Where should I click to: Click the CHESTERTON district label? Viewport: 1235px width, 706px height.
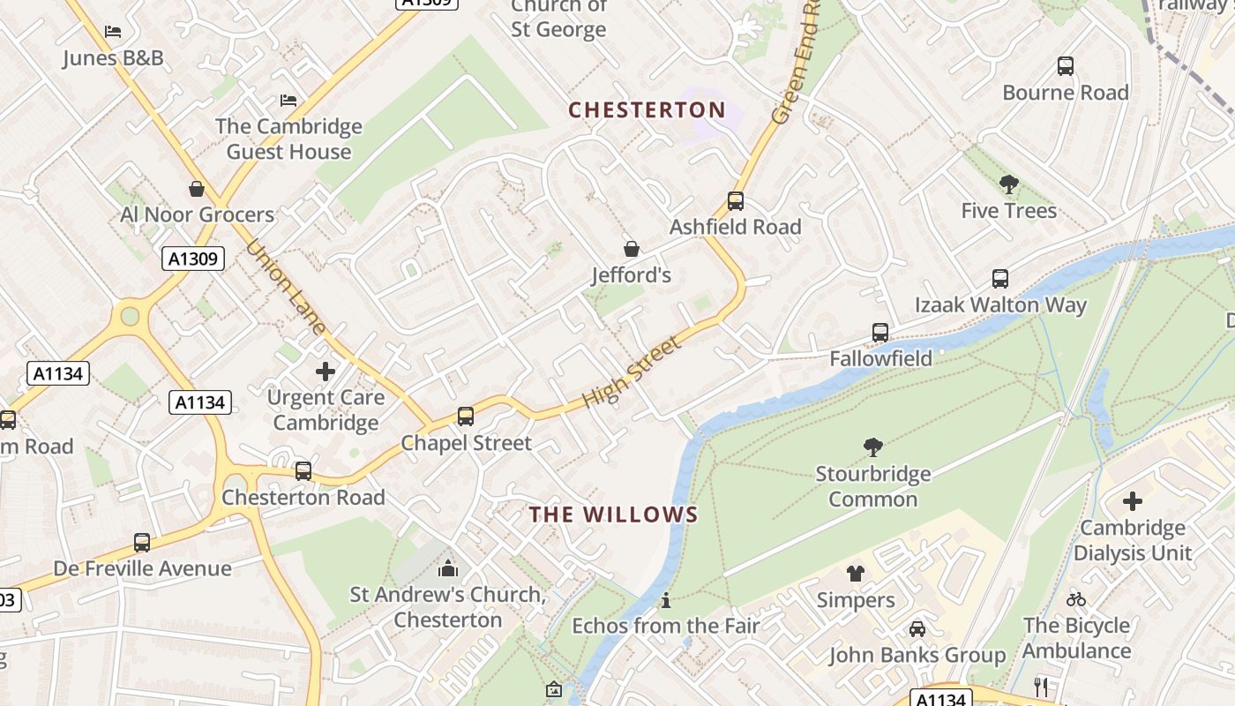tap(647, 110)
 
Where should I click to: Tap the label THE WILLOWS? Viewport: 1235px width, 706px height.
tap(614, 514)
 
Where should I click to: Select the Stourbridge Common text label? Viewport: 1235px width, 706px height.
tap(872, 486)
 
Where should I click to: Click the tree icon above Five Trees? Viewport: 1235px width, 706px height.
tap(1009, 184)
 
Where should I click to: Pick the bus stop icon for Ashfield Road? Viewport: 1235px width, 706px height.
tap(736, 201)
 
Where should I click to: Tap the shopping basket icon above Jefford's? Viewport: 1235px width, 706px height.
tap(631, 249)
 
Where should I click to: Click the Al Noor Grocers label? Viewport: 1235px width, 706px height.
tap(198, 214)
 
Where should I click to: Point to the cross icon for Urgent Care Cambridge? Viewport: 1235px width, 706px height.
tap(326, 372)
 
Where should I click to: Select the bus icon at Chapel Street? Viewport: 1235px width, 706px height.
tap(466, 417)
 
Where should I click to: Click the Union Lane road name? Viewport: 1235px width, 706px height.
tap(287, 288)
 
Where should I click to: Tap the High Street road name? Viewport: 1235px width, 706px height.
tap(632, 372)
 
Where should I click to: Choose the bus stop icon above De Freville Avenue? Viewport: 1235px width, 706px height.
tap(142, 543)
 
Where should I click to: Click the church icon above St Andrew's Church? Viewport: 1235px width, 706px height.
tap(448, 568)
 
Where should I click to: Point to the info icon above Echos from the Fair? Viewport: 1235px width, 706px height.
tap(666, 601)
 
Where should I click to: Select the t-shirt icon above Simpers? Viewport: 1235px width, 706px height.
tap(855, 574)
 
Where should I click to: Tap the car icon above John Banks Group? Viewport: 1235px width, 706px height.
tap(917, 629)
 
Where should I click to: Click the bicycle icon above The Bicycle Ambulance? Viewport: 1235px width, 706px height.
tap(1076, 599)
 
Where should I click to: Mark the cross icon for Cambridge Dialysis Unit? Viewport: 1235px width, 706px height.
tap(1133, 502)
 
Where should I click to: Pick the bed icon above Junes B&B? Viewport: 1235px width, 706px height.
tap(113, 32)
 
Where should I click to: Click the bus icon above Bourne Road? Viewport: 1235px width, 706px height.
tap(1066, 66)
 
